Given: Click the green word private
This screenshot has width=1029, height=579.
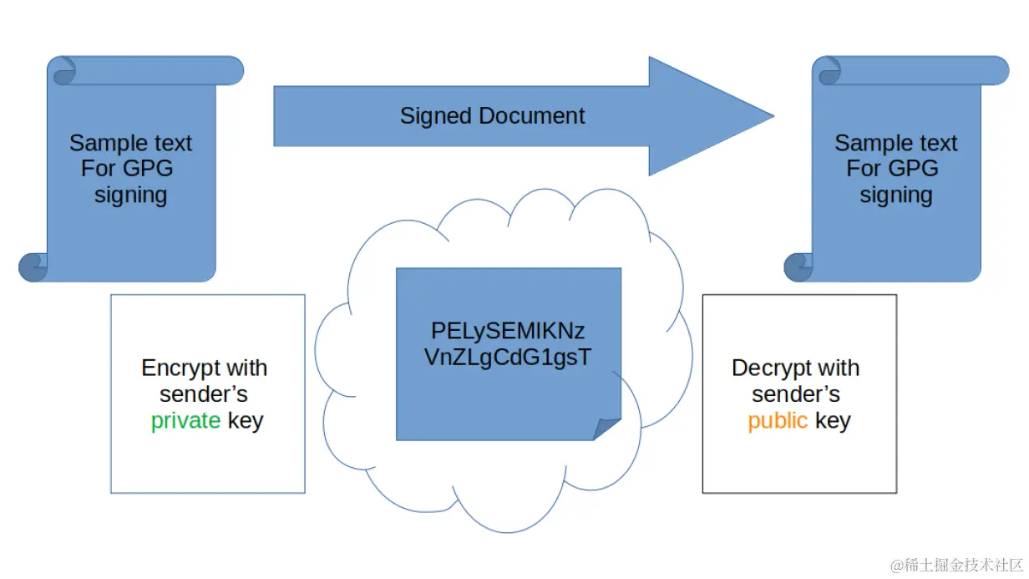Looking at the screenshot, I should [185, 420].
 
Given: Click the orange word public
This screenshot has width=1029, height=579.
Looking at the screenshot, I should [777, 420].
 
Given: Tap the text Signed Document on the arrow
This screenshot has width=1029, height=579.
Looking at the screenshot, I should [492, 115].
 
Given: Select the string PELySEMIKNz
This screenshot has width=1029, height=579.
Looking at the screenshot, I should [508, 332].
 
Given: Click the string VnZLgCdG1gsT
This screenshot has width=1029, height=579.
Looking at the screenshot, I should [508, 358].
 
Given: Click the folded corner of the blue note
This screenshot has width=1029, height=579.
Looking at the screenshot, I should [607, 428].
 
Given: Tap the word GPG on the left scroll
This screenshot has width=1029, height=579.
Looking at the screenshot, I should [149, 169].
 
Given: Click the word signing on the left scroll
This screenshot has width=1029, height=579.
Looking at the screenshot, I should [130, 196].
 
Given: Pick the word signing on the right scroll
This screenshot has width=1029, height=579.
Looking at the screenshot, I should [895, 196].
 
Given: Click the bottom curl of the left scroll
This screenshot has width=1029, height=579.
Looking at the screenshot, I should [33, 267].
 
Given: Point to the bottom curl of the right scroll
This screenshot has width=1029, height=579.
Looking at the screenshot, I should [798, 267].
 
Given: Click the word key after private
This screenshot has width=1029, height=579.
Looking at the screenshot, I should [245, 420].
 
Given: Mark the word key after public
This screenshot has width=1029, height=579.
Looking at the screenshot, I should [832, 420].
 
